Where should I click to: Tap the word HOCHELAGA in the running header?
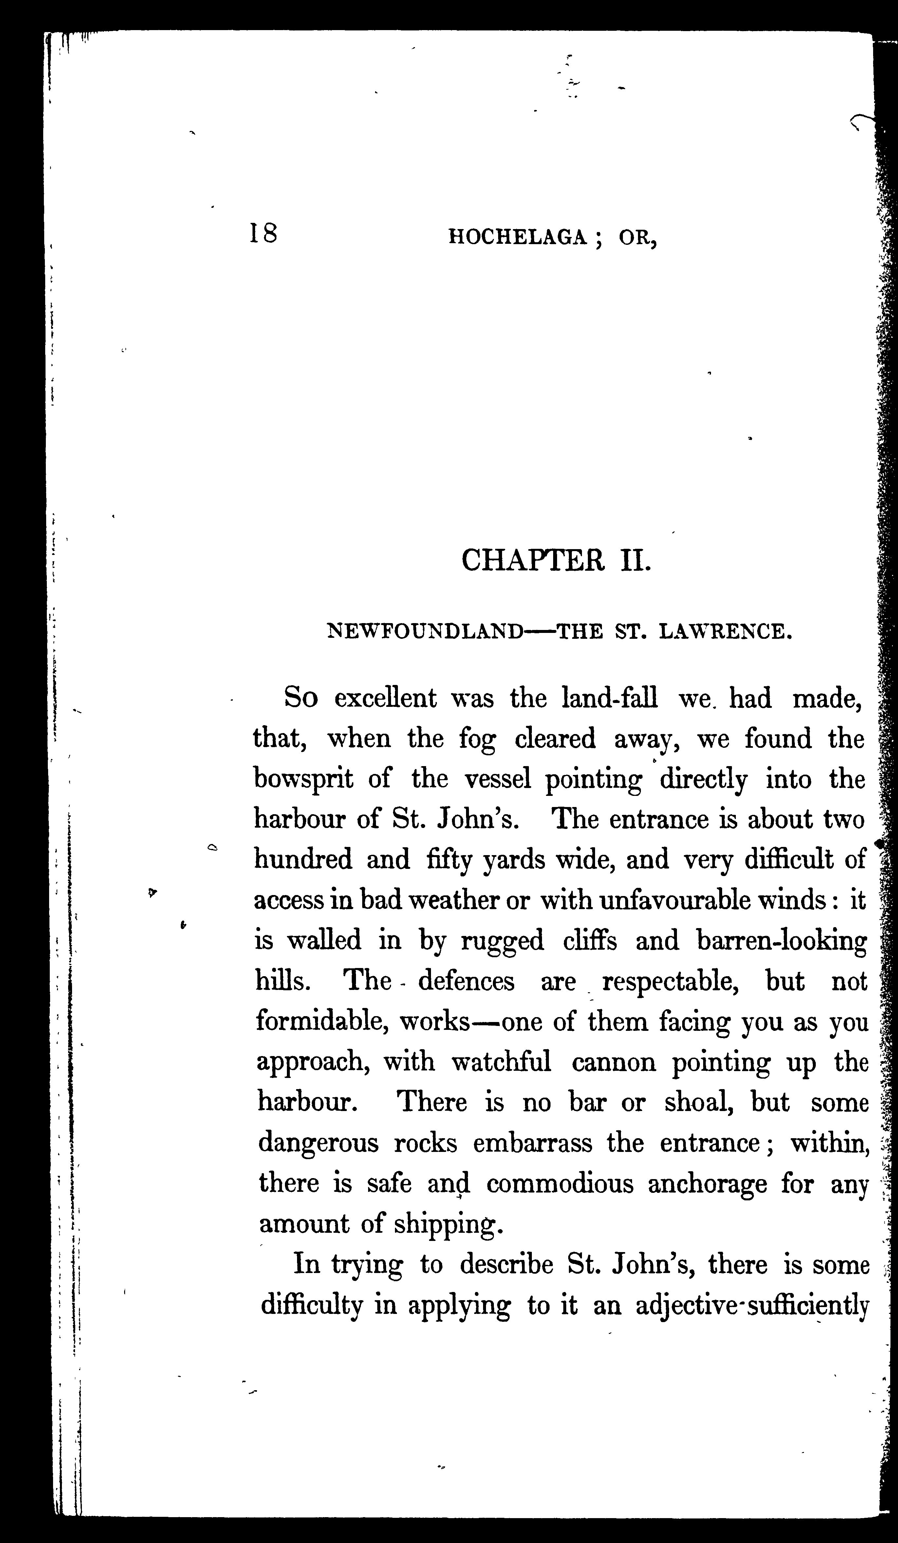[518, 238]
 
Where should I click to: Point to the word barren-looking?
[782, 941]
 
